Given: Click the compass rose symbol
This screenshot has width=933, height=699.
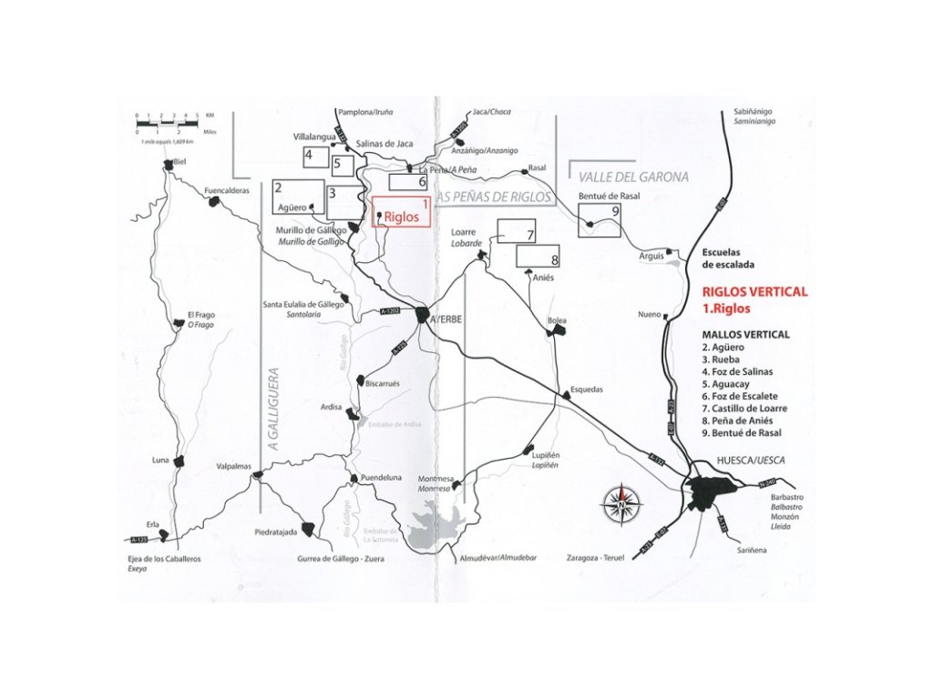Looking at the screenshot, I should coord(620,503).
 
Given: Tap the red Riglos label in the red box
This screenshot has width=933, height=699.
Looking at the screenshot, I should coord(401,218).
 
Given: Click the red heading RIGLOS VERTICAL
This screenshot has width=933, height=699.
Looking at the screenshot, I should coord(754,292).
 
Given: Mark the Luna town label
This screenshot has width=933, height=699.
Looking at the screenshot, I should coord(161,461).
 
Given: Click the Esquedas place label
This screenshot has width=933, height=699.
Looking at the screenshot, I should coord(586,389).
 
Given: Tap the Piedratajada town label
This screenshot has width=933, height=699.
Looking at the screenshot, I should coord(277,532).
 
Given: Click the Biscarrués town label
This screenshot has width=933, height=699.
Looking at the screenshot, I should coord(382,383).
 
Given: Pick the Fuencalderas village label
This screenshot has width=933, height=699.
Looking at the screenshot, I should coord(227,191).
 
